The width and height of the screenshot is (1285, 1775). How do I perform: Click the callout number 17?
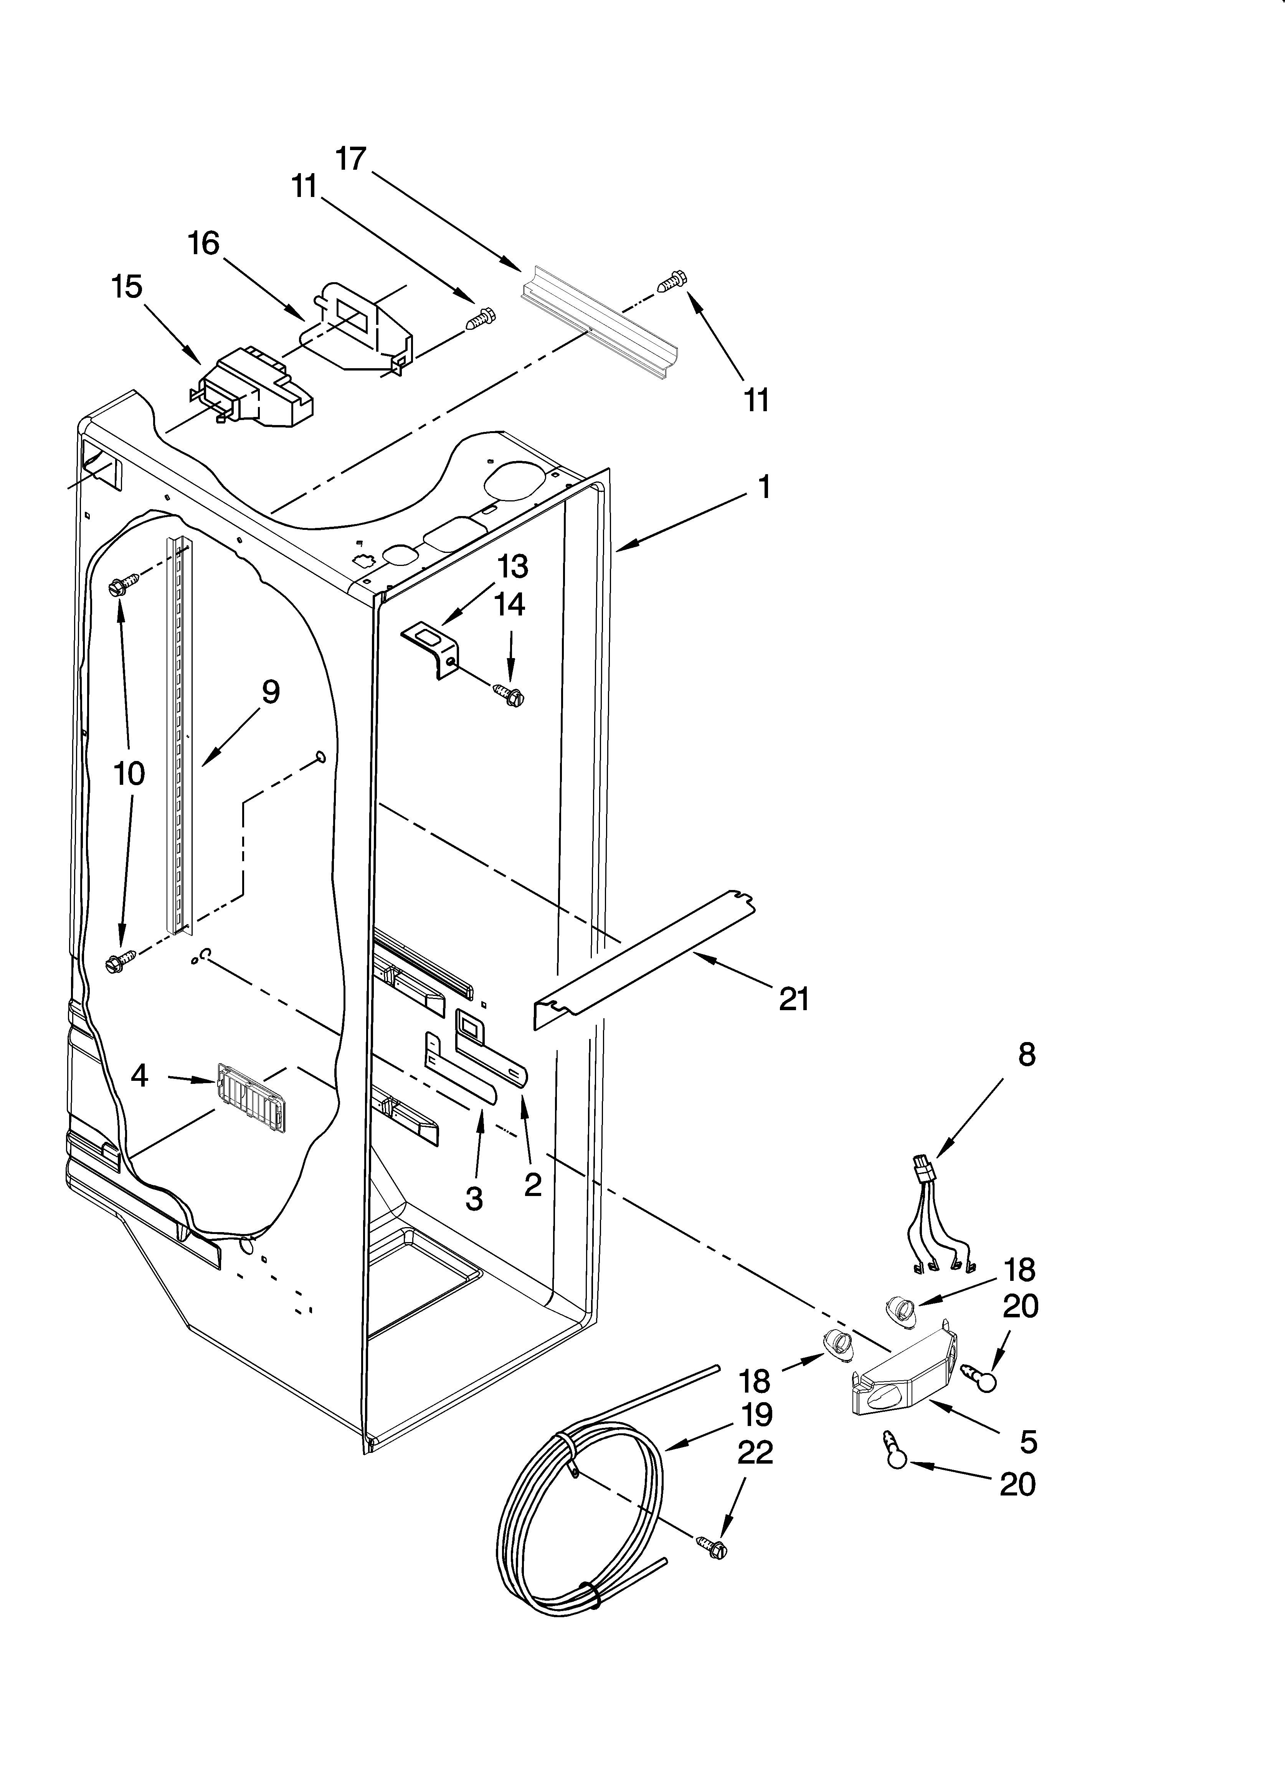[352, 159]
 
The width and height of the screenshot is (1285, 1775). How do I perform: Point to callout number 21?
[794, 999]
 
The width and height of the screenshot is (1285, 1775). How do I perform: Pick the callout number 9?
[270, 692]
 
